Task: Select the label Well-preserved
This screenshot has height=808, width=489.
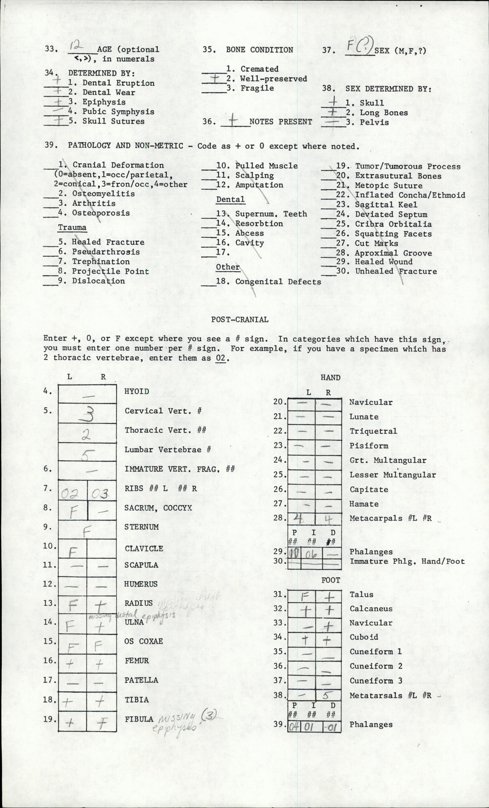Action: (274, 79)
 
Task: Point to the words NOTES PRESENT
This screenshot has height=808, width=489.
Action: (281, 122)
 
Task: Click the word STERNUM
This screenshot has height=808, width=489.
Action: (141, 527)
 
